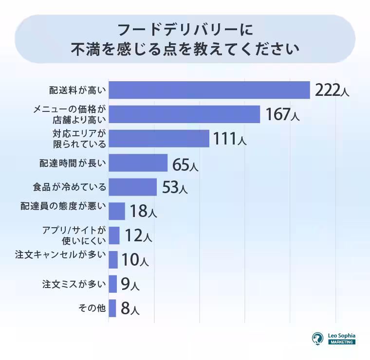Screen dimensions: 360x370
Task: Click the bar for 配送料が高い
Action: point(209,90)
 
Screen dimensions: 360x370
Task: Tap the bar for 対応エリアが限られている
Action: point(159,138)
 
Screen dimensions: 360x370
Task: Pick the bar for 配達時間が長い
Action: point(138,163)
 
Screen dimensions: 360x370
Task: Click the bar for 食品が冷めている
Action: point(132,187)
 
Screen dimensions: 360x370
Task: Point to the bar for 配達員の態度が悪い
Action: point(117,211)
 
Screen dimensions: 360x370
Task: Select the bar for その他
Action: point(112,308)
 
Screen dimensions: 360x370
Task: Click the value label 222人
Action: point(332,90)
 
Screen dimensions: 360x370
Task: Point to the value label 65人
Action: point(185,164)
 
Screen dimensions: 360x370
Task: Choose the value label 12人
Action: point(138,236)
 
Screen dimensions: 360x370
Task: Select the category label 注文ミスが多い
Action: point(74,284)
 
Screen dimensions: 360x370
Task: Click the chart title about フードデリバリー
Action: point(185,39)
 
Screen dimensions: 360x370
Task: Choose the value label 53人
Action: point(174,188)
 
